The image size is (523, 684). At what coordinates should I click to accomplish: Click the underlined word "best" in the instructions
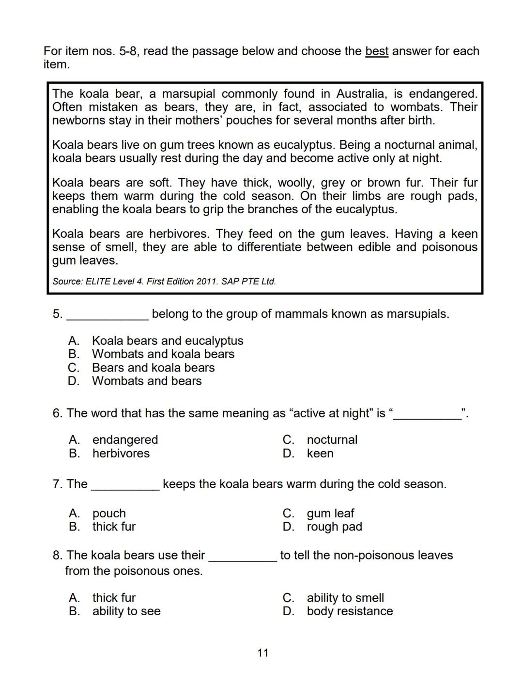376,51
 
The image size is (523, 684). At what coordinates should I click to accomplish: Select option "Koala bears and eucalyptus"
167,341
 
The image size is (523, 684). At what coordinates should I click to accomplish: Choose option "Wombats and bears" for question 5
146,381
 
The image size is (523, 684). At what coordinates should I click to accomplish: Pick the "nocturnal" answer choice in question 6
332,440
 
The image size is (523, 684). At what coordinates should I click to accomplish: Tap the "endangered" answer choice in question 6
125,440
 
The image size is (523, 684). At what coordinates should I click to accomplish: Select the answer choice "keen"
320,454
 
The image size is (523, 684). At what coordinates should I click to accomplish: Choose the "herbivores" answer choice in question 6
121,454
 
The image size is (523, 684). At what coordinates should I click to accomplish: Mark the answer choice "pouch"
109,513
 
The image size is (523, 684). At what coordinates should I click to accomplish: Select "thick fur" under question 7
114,527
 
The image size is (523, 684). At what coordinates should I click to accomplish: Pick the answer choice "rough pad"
334,527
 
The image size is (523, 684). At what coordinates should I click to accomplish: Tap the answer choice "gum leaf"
330,513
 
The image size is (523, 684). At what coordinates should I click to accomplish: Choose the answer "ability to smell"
345,598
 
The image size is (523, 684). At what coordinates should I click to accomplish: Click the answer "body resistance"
350,611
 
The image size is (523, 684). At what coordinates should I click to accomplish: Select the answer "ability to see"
126,611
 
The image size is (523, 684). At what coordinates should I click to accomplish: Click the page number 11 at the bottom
262,653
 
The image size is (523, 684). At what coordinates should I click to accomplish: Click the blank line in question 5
108,317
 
